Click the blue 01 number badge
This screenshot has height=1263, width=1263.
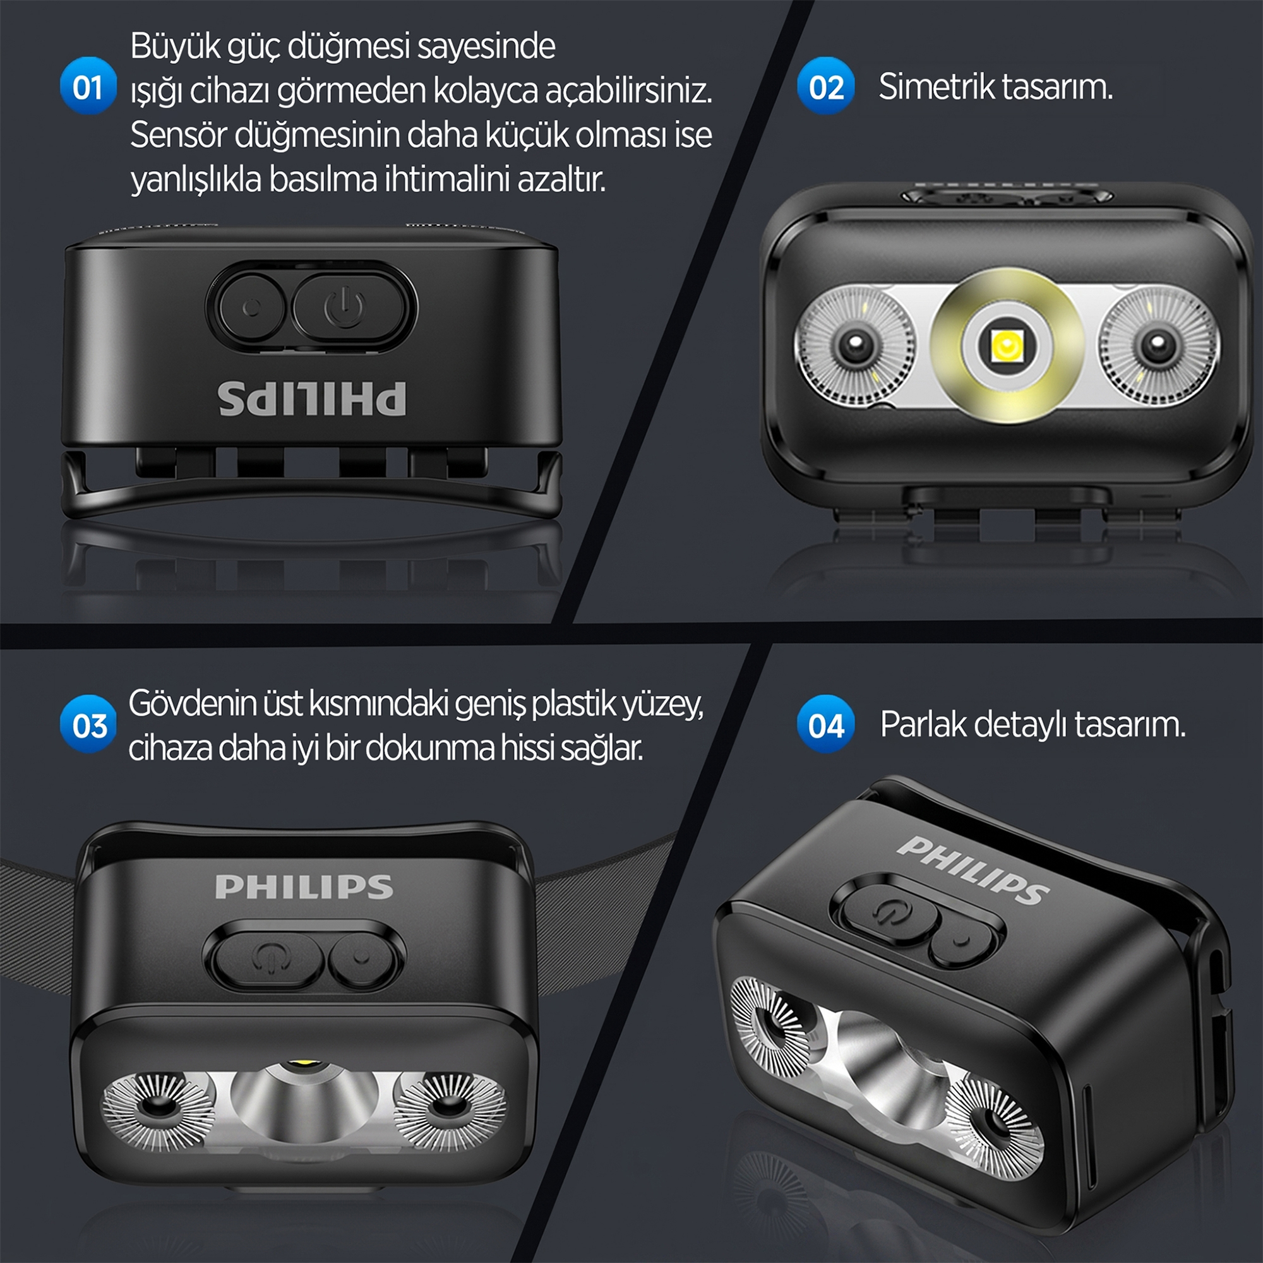pos(88,86)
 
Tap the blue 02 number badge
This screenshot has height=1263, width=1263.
pos(825,86)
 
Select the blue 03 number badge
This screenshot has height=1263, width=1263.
pos(88,724)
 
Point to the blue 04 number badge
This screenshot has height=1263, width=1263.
pos(825,724)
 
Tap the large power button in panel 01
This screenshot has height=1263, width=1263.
pos(346,308)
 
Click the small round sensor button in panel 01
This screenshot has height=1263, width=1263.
pos(252,308)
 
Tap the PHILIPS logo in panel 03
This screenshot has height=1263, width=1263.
pos(304,887)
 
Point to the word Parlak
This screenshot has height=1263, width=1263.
pos(923,724)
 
